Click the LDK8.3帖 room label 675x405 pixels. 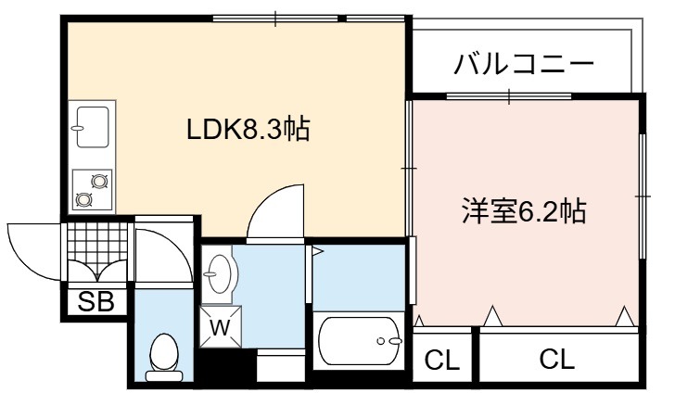(x=248, y=129)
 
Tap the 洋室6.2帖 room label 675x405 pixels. (x=524, y=211)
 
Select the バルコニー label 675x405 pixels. (x=524, y=64)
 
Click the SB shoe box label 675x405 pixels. (x=96, y=302)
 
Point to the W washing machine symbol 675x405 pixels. (x=221, y=326)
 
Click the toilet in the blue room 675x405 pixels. (x=163, y=357)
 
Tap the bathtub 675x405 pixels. (x=359, y=341)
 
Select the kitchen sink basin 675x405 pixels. (x=92, y=127)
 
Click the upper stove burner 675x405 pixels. (x=99, y=182)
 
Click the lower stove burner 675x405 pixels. (x=83, y=199)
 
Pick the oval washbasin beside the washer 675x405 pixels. (x=221, y=273)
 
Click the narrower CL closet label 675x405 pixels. (x=441, y=360)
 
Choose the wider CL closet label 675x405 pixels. (x=556, y=359)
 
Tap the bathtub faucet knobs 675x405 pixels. (x=389, y=341)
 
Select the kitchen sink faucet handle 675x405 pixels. (x=78, y=128)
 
